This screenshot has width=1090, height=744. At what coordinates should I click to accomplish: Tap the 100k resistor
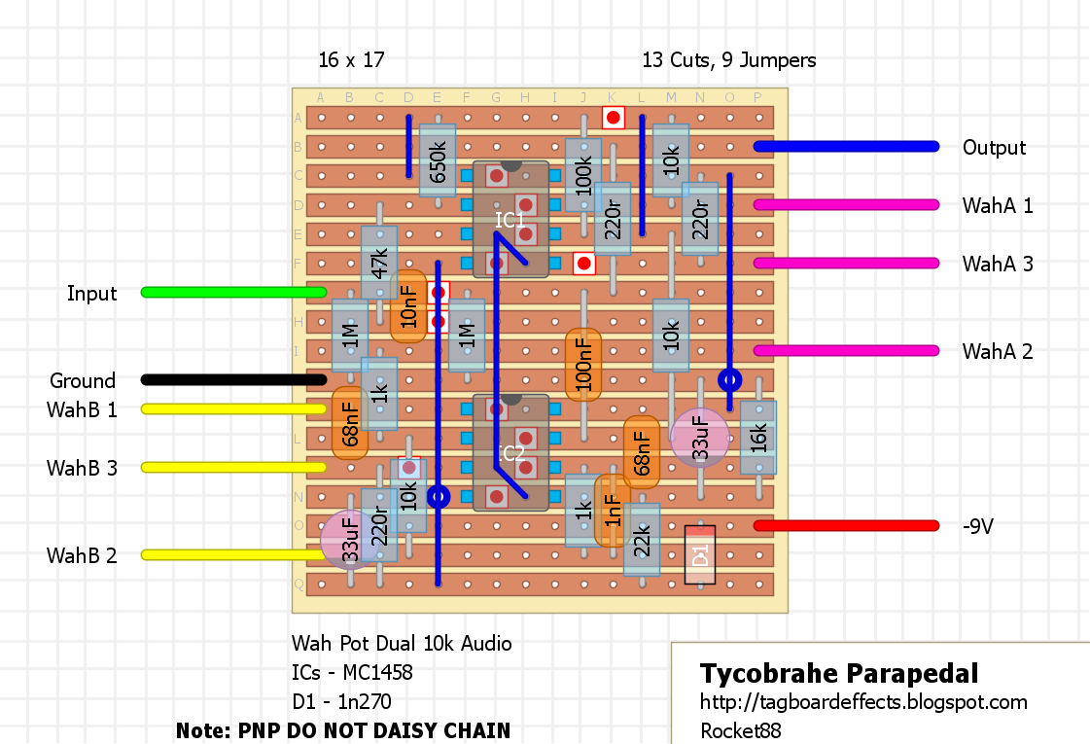point(583,175)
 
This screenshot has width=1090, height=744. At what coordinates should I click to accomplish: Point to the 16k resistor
point(758,438)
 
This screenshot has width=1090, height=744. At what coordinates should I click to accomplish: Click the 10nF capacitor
point(408,306)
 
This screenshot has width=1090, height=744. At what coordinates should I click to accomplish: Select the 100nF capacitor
point(583,365)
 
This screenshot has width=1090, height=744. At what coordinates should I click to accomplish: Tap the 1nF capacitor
point(612,511)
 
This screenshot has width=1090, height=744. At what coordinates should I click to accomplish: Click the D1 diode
point(700,554)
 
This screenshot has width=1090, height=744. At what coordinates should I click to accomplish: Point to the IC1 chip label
point(510,220)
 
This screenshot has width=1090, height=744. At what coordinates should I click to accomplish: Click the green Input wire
point(233,292)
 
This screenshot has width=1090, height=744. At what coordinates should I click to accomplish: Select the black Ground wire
point(233,379)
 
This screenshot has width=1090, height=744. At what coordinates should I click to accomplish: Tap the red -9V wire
point(846,525)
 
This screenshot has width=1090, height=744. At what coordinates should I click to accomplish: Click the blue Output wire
point(846,146)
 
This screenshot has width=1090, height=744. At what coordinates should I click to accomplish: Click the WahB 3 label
point(82,469)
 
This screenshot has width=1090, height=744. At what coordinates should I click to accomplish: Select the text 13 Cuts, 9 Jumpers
point(728,60)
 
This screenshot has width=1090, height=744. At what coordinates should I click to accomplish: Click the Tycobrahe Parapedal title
point(839,673)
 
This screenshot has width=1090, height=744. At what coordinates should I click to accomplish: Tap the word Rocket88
point(740,730)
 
